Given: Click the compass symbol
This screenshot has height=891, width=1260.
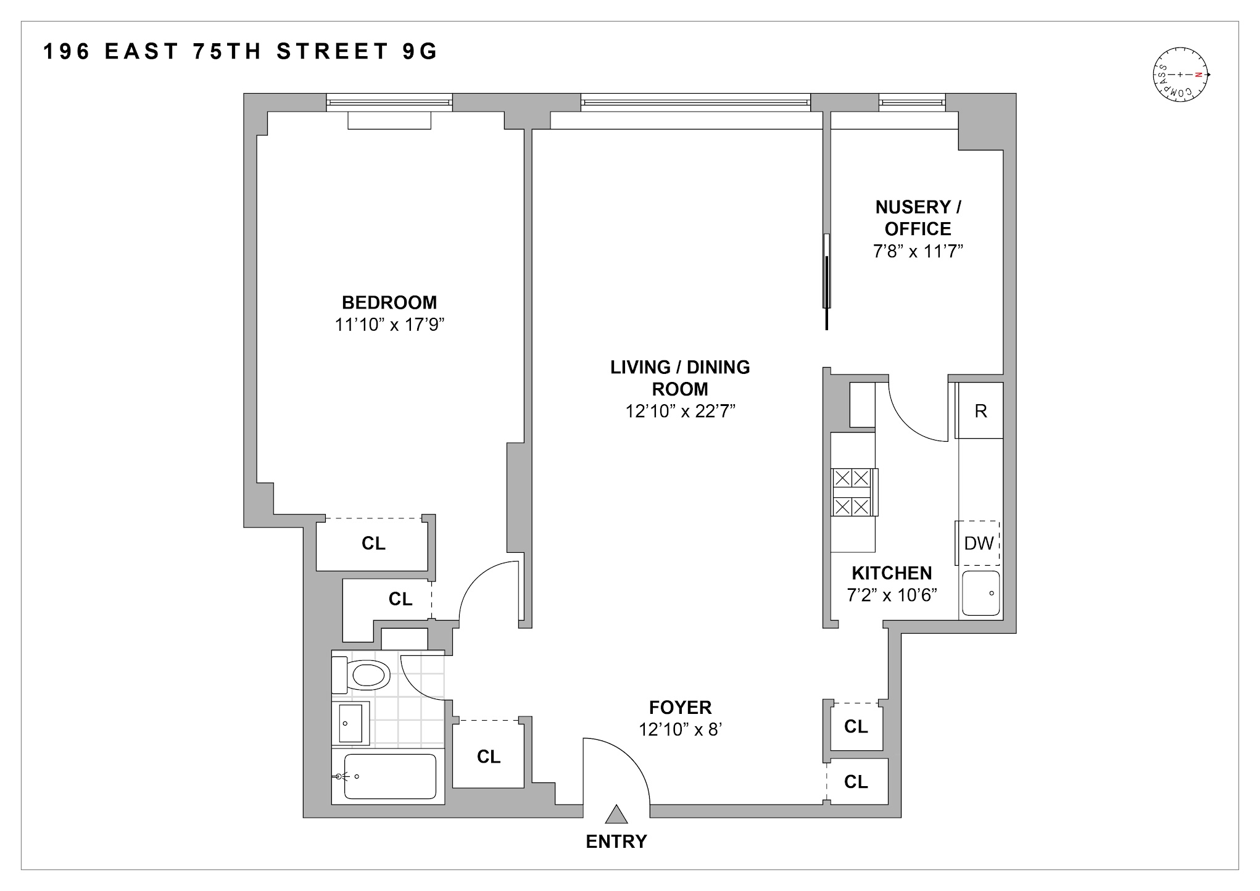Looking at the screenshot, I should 1180,75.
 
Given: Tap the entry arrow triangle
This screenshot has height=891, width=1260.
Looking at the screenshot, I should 616,815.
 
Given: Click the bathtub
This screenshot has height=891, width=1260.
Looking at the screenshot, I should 389,776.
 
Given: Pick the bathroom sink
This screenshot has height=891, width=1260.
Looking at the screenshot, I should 350,723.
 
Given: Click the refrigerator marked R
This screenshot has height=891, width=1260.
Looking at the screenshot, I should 980,411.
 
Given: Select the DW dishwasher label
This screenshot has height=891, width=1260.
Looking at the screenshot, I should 979,543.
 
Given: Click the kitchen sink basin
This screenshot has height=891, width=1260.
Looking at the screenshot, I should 981,593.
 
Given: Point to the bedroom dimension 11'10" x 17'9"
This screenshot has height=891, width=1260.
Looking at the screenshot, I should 389,325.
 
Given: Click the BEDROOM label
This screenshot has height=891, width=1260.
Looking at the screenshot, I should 389,302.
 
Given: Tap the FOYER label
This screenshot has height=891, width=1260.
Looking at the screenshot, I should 680,707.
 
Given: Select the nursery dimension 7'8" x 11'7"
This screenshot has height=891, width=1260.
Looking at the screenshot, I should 918,251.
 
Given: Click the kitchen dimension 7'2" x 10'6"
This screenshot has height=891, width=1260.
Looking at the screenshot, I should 892,595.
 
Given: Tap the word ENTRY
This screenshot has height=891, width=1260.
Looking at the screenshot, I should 616,842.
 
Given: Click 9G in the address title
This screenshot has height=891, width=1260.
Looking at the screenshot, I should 420,52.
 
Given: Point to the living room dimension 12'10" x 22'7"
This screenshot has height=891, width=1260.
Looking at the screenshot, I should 680,411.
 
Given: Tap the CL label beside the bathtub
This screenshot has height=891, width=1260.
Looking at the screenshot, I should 488,756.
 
